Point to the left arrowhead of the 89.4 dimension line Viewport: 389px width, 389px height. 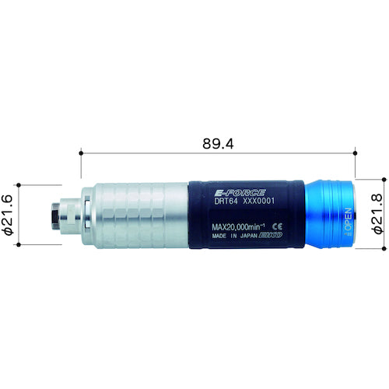point(82,154)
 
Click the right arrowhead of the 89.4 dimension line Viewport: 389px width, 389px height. point(355,154)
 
